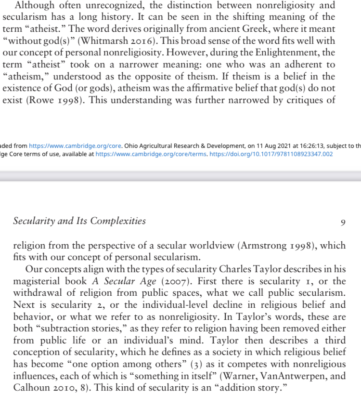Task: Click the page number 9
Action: pos(343,222)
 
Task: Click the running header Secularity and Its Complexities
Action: pos(79,222)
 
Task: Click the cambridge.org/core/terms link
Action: pos(151,154)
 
